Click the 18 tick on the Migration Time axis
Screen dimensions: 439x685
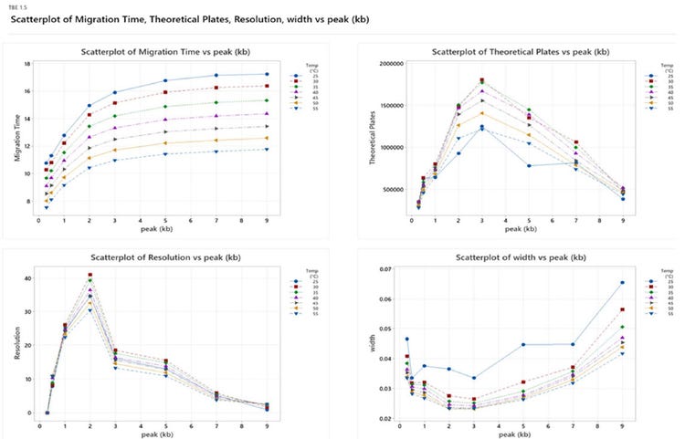click(28, 64)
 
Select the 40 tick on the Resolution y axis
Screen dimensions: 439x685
click(27, 278)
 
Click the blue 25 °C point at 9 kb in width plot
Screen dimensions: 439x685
click(622, 283)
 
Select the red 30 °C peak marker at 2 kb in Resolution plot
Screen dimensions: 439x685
click(90, 275)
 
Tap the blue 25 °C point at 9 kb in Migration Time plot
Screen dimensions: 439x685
click(267, 74)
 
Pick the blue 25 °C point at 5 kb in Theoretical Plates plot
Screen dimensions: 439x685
click(529, 165)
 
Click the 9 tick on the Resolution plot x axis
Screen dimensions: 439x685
click(267, 423)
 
